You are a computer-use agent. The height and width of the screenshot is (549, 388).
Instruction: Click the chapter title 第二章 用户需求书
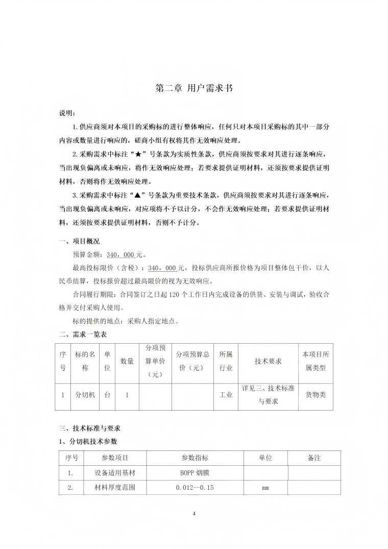click(194, 88)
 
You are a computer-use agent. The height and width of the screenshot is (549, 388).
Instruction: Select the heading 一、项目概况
click(79, 241)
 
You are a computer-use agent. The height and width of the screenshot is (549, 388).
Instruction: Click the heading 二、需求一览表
click(83, 335)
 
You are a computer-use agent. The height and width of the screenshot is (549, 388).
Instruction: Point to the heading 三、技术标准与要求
click(89, 428)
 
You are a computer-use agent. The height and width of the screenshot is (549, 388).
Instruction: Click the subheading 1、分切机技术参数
click(88, 441)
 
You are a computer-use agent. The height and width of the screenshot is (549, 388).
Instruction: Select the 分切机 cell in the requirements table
click(85, 395)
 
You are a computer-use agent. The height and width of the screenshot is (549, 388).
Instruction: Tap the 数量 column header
click(127, 362)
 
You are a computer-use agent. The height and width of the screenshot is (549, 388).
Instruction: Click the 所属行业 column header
click(226, 361)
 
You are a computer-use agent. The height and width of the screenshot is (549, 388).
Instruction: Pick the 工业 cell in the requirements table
click(226, 395)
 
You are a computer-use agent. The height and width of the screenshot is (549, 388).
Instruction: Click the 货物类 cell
click(316, 395)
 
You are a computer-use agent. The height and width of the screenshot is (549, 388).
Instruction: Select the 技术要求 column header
click(268, 362)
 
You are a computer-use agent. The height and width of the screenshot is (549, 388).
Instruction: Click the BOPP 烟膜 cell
click(195, 473)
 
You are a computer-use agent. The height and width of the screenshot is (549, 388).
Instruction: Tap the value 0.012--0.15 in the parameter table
click(195, 488)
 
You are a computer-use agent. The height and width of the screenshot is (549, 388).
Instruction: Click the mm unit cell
click(265, 488)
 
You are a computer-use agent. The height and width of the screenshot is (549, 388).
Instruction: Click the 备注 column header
click(314, 458)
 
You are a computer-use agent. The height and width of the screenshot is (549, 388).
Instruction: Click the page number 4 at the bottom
click(194, 513)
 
